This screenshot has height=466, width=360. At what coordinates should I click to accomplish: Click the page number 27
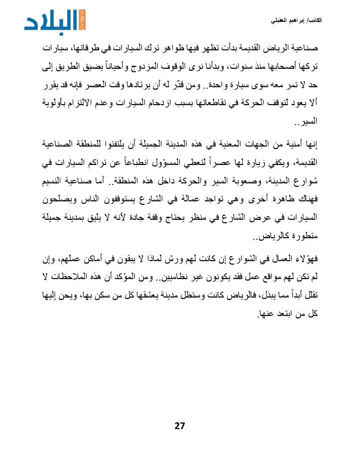[180, 426]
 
